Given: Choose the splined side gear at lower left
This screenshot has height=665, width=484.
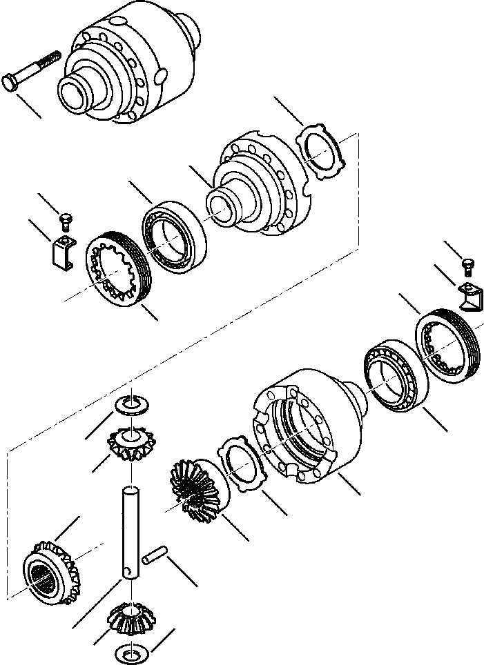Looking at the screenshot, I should coord(50,569).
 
